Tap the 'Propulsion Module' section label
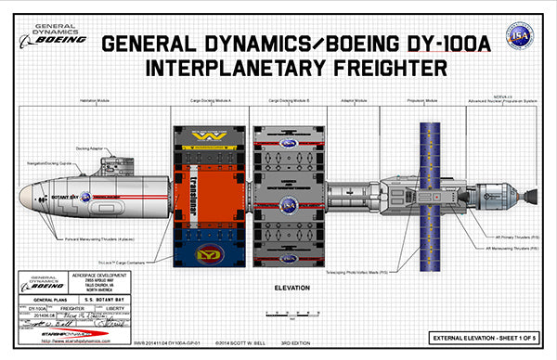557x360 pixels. click(x=423, y=99)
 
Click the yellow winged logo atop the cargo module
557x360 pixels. click(x=208, y=135)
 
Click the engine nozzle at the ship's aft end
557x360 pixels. click(x=528, y=198)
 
